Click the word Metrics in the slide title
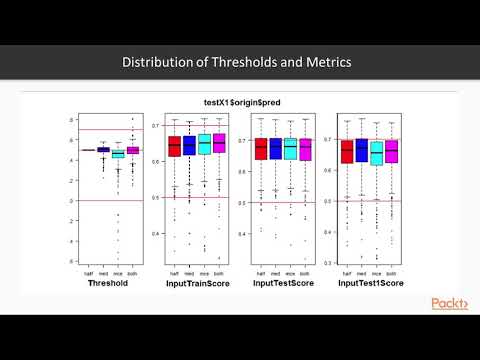pyautogui.click(x=329, y=62)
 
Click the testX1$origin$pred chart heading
pyautogui.click(x=238, y=101)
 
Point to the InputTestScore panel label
pyautogui.click(x=283, y=283)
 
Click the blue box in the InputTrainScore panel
pyautogui.click(x=189, y=146)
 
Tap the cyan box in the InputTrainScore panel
pyautogui.click(x=204, y=145)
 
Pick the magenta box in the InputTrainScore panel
pyautogui.click(x=218, y=146)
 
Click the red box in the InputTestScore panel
pyautogui.click(x=261, y=150)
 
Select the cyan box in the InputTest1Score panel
pyautogui.click(x=377, y=152)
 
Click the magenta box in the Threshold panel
pyautogui.click(x=133, y=150)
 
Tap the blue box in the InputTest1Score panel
pyautogui.click(x=362, y=151)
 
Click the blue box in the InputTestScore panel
pyautogui.click(x=275, y=150)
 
